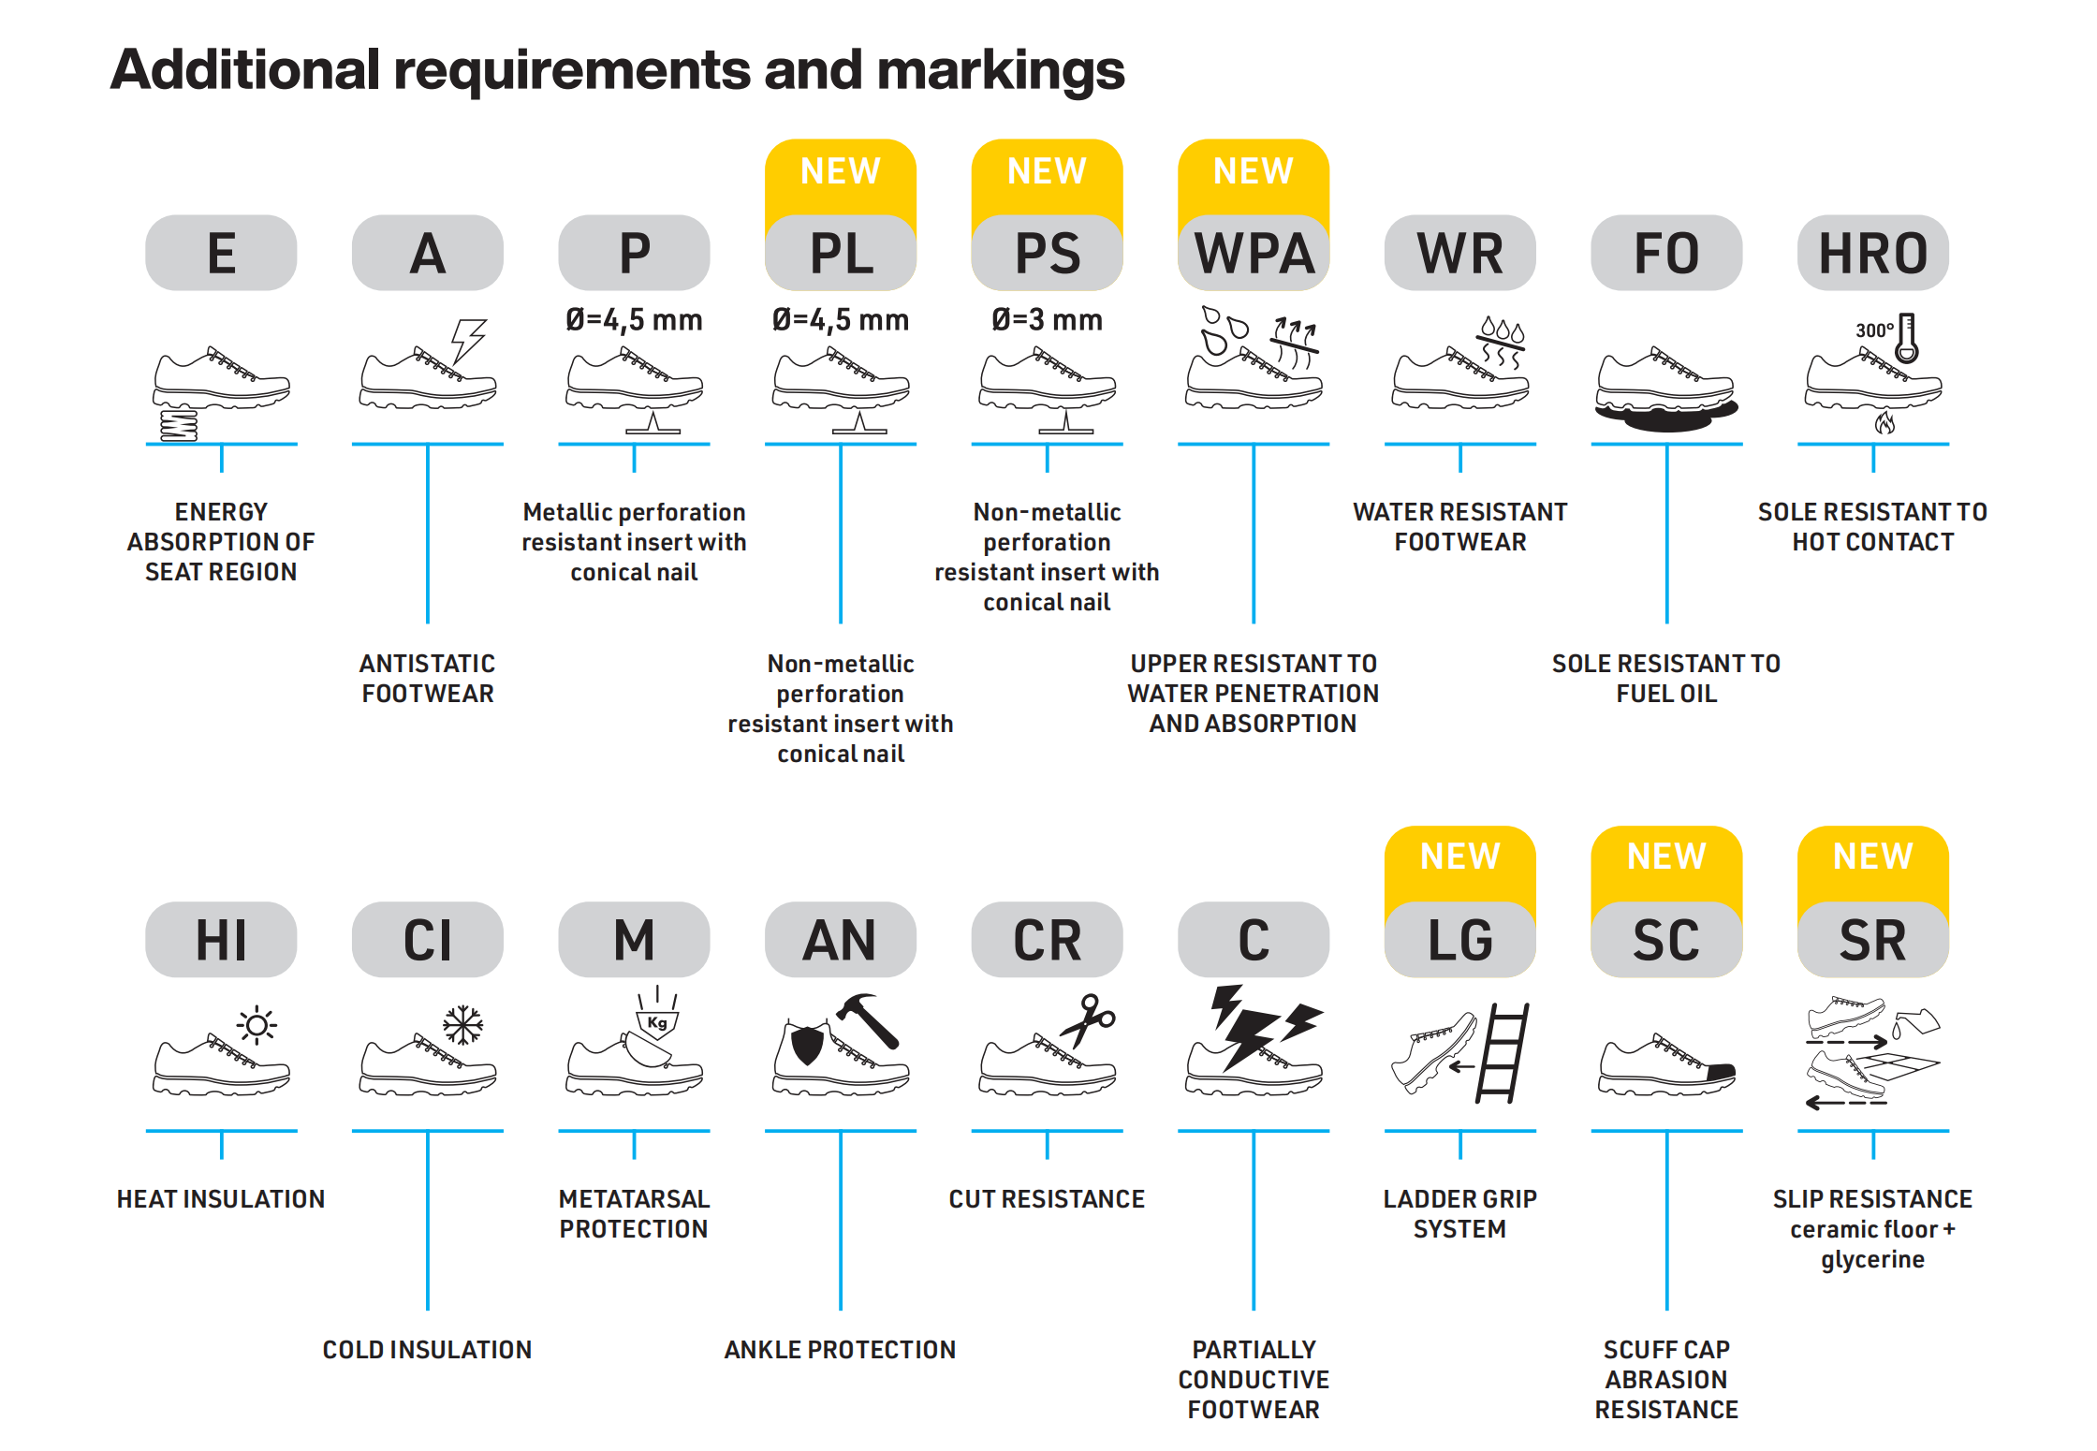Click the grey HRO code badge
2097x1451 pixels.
[x=1872, y=253]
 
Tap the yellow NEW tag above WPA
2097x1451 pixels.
[x=1253, y=172]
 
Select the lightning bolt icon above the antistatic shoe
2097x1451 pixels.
[x=467, y=340]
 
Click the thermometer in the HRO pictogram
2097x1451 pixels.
[x=1906, y=338]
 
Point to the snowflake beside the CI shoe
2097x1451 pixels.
[x=462, y=1025]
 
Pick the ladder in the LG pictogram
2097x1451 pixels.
[x=1503, y=1053]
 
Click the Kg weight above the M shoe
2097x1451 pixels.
[x=657, y=1022]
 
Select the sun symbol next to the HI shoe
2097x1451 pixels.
[x=257, y=1025]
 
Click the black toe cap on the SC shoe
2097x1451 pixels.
[x=1721, y=1072]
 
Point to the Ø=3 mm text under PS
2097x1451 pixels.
[x=1047, y=320]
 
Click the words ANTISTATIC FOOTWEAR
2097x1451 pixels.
[x=428, y=679]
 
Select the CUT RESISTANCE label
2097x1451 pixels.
[x=1047, y=1199]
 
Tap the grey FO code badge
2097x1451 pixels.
[x=1666, y=253]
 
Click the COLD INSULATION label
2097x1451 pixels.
[x=427, y=1350]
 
